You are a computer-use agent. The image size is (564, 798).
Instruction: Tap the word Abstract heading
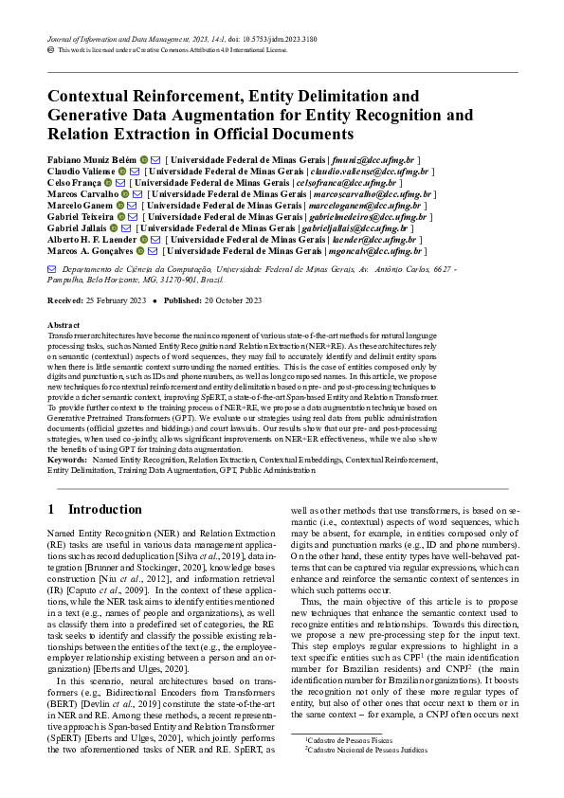[x=64, y=324]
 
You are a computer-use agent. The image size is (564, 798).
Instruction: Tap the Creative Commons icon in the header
[x=51, y=51]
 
